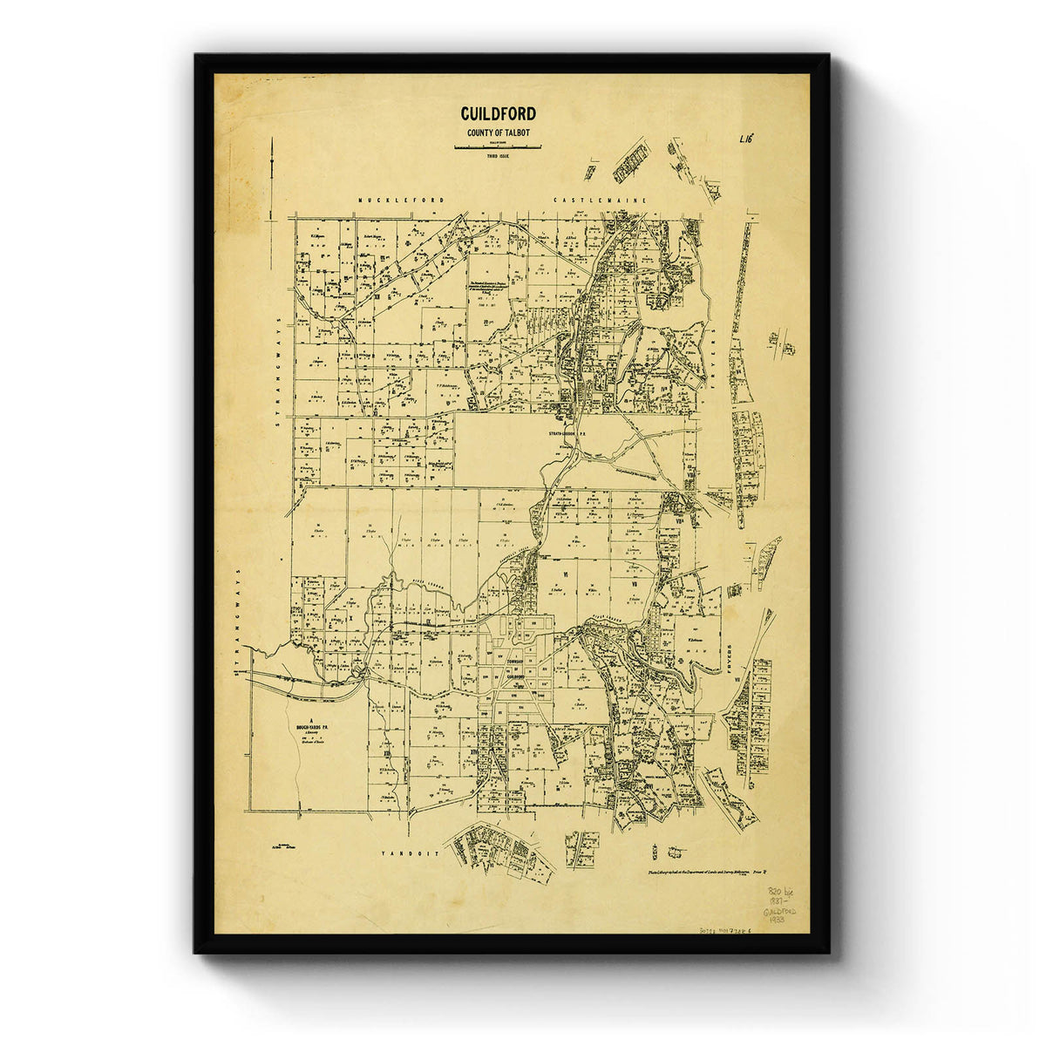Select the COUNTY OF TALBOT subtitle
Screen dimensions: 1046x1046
498,132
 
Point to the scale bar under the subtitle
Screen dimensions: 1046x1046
498,146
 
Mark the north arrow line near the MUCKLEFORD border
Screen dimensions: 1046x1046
274,174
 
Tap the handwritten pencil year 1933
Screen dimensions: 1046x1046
771,920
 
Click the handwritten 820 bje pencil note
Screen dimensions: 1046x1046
771,892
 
